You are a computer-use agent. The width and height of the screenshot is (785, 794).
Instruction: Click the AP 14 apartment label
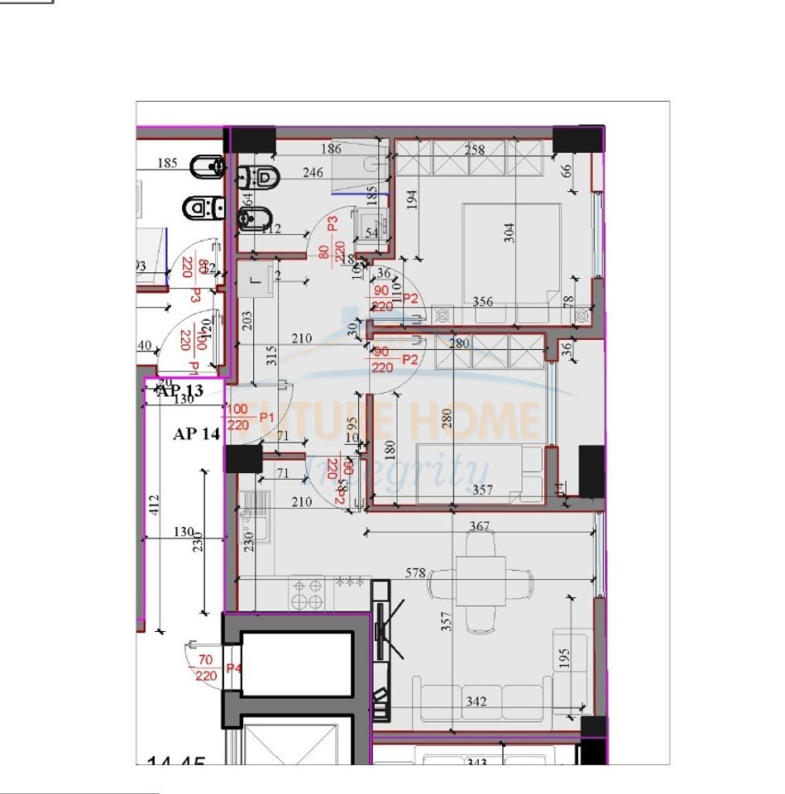197,433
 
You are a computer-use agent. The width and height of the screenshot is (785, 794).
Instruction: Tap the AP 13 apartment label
179,390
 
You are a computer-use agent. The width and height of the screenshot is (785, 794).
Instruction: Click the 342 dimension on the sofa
476,701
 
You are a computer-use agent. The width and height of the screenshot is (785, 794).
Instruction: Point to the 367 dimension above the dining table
479,526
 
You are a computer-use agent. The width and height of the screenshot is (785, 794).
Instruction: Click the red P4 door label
234,668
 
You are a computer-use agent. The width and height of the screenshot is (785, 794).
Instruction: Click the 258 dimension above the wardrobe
475,150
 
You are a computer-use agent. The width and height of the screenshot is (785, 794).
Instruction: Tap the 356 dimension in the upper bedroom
483,302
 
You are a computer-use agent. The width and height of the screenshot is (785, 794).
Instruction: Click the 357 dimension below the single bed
481,490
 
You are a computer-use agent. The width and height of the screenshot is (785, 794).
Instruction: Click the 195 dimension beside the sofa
565,658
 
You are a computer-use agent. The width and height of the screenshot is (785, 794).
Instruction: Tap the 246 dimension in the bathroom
313,173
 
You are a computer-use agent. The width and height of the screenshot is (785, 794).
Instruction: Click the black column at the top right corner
577,140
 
